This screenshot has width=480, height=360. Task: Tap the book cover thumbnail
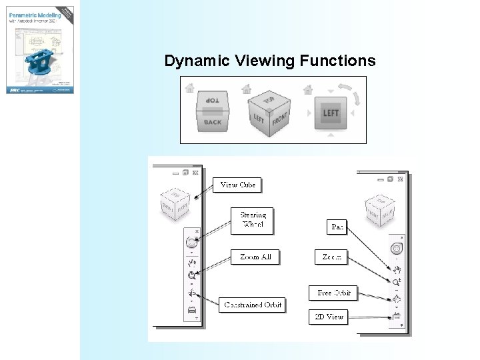tap(41, 49)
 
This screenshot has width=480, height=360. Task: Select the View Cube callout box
tap(238, 185)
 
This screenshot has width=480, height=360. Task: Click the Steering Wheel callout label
tap(253, 219)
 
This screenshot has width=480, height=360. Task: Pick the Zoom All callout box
tap(255, 257)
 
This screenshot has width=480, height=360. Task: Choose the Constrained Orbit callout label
tap(253, 305)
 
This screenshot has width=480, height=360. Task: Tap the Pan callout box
tap(337, 227)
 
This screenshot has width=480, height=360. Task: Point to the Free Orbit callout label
tap(333, 293)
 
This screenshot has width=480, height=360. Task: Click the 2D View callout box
tap(329, 317)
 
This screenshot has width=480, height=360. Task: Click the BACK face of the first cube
tap(213, 122)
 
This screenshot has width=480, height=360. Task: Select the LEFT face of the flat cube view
tap(331, 113)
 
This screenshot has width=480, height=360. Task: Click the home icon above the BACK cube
tap(190, 87)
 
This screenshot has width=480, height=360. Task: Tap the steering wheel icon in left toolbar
tap(192, 243)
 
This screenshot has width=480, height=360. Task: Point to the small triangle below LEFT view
tap(331, 135)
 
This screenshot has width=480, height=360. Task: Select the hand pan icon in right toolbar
tap(397, 270)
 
